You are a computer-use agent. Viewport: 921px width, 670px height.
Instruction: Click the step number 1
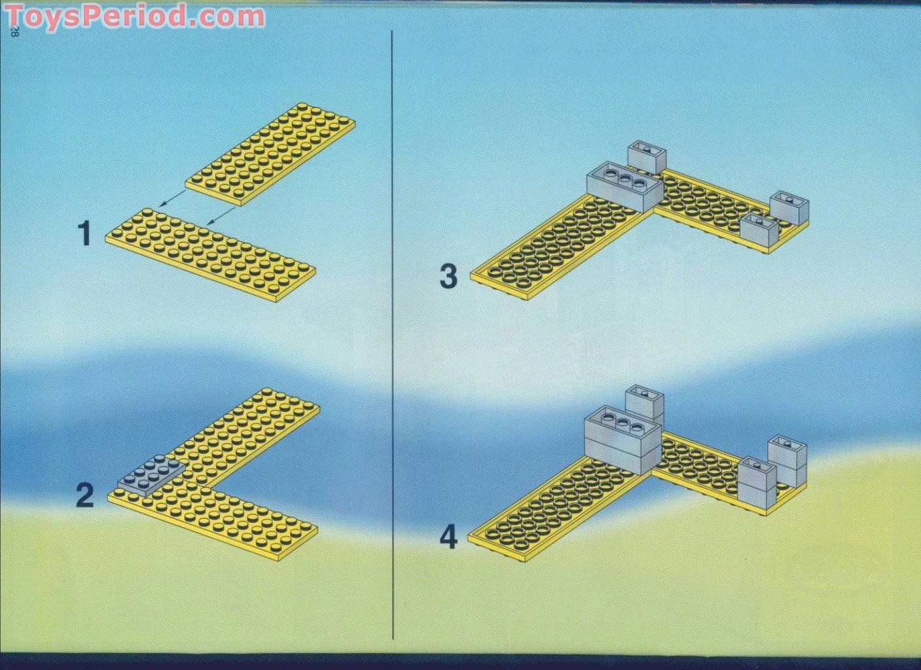pos(84,234)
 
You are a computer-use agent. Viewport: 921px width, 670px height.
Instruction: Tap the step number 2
pos(84,495)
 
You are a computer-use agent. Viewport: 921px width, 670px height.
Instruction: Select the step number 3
pos(448,276)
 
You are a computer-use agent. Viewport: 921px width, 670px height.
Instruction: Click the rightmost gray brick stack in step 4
pos(788,461)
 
